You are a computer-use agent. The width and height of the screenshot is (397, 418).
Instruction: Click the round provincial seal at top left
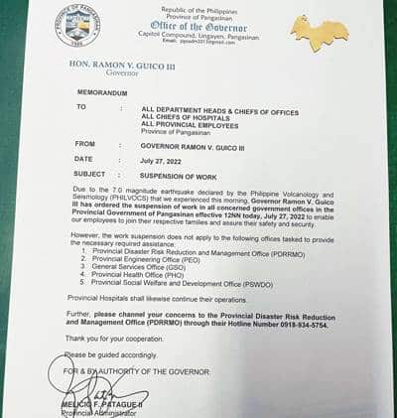point(78,25)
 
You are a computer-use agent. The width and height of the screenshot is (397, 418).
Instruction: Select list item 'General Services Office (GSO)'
point(143,266)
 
